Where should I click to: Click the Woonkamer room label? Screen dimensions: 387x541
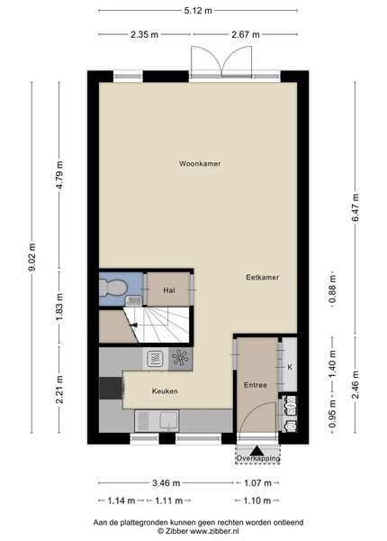(200, 163)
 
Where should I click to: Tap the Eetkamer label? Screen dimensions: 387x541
(263, 277)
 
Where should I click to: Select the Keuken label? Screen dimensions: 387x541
(165, 391)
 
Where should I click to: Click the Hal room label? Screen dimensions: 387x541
(169, 290)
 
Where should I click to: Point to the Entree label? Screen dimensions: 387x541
(256, 385)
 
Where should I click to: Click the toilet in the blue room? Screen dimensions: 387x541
(112, 288)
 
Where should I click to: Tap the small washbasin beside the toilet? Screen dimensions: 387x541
(133, 301)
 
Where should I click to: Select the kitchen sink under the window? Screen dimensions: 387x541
(157, 420)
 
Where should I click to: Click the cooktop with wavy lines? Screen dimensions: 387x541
(156, 359)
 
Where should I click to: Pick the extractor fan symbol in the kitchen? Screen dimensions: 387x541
(180, 357)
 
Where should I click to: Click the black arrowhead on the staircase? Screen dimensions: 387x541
(133, 325)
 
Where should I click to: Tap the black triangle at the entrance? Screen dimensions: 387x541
(256, 451)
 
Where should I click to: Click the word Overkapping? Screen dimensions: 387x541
(258, 459)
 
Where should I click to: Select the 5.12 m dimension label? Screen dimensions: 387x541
(198, 10)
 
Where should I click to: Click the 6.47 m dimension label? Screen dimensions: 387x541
(355, 207)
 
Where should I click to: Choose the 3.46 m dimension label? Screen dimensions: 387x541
(166, 482)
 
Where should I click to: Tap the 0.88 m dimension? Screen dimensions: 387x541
(332, 289)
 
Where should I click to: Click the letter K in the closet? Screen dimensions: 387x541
(290, 367)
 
